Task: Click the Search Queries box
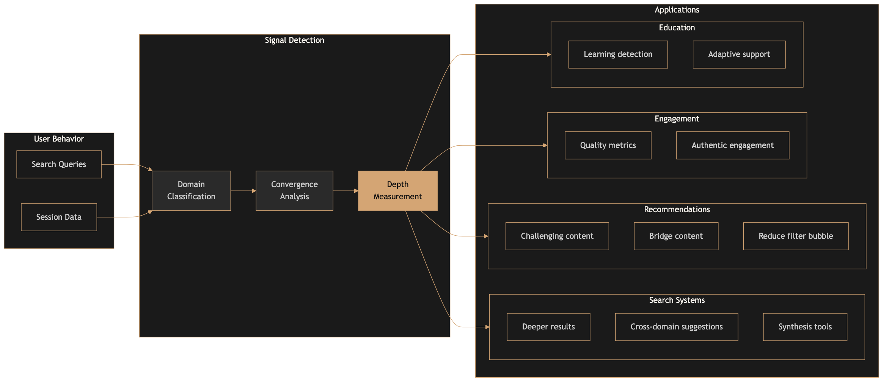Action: (59, 164)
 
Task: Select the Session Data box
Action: (59, 217)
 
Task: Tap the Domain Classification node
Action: (191, 191)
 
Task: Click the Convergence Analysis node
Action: (294, 191)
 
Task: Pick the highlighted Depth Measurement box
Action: (397, 191)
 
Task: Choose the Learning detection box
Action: (618, 54)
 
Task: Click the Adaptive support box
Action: (739, 54)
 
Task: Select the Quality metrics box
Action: (608, 145)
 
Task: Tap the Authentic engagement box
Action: (732, 145)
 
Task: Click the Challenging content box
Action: (557, 236)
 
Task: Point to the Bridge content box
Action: (676, 236)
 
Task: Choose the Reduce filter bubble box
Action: (795, 236)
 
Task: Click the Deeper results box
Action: (548, 327)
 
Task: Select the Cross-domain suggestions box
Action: (676, 327)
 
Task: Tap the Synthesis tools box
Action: (805, 327)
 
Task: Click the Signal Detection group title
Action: (294, 40)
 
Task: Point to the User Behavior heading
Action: (59, 139)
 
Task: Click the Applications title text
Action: (677, 10)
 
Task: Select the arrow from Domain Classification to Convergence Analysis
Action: (243, 191)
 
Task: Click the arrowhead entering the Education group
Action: (548, 55)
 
